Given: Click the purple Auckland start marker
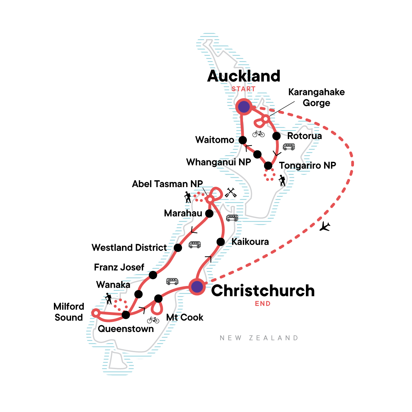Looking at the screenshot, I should point(243,107).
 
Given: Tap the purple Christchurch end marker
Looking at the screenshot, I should point(197,287).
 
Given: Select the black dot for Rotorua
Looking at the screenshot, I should point(276,136).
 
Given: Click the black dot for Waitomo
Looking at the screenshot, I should point(243,140).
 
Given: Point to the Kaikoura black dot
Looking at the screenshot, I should point(221,242).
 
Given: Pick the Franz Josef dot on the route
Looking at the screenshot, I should point(153,275).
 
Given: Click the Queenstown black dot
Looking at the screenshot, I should point(126,314).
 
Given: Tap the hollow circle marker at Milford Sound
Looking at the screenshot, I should point(96,313).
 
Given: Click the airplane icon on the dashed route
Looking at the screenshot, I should point(324,227).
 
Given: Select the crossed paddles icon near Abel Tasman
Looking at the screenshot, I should point(231,193).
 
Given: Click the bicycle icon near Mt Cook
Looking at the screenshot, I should point(153,320).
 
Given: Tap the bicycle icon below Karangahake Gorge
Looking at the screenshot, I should point(259,134).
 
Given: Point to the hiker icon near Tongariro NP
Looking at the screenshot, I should point(282,181).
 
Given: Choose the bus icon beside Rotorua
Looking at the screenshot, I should point(289,147).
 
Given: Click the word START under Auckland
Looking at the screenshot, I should point(243,89).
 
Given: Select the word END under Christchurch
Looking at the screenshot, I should point(263,304).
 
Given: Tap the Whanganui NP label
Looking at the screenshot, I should point(219,162).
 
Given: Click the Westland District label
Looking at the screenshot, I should point(129,248).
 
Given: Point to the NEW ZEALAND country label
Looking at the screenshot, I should point(259,338).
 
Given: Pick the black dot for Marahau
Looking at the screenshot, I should point(209,214).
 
